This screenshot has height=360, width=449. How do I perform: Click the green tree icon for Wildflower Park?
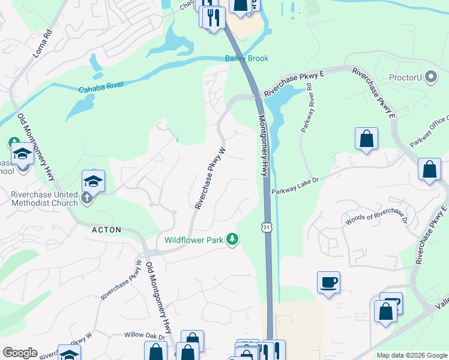click(232, 240)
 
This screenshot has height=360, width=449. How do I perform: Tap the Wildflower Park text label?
click(194, 240)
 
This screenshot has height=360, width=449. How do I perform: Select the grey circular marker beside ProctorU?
click(430, 77)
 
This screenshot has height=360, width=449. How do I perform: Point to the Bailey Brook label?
click(246, 58)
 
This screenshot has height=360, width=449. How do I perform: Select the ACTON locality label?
click(107, 230)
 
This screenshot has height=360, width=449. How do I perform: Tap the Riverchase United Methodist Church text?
click(44, 199)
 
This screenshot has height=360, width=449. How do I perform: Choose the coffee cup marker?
click(329, 282)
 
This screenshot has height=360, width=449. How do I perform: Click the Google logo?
click(20, 353)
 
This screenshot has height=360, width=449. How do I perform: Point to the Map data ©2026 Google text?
click(411, 355)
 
